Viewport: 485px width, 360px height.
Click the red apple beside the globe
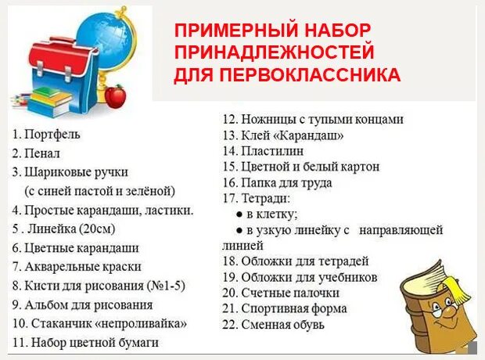point(115,97)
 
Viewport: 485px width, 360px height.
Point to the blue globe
point(106,43)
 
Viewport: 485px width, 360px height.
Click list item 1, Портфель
point(52,134)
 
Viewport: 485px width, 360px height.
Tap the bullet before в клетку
point(239,214)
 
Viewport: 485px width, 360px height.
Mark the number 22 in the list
point(229,324)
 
